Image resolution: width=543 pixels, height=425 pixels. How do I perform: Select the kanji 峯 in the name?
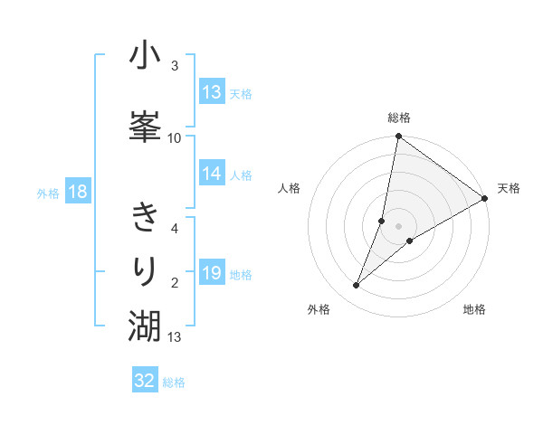[145, 126]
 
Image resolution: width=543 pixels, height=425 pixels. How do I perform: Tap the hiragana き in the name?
[145, 217]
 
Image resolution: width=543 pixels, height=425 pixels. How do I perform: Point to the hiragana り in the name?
[145, 270]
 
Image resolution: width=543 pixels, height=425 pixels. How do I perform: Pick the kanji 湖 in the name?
[145, 323]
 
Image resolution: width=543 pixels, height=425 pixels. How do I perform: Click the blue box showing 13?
[212, 92]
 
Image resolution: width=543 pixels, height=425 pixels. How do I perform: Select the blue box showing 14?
[212, 175]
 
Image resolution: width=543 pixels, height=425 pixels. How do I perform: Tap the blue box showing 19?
[212, 274]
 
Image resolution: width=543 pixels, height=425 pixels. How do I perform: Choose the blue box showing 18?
[77, 192]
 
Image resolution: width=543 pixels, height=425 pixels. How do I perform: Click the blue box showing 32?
[145, 381]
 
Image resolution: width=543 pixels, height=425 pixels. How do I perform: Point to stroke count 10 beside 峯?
[175, 137]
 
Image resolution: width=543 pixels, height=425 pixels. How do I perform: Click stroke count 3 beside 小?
[175, 66]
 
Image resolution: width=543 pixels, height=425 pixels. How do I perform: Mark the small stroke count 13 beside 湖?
[175, 337]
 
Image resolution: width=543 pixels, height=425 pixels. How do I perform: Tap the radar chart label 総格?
[399, 118]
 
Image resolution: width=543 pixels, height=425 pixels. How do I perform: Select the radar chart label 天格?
[509, 188]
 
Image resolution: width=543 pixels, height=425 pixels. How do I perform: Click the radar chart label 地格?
[474, 309]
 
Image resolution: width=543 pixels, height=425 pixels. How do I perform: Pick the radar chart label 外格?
[319, 309]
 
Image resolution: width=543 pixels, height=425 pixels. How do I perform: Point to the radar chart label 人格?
[290, 188]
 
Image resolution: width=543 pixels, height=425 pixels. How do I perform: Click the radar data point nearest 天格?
[485, 198]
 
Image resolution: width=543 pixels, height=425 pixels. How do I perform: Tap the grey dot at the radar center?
[399, 226]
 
